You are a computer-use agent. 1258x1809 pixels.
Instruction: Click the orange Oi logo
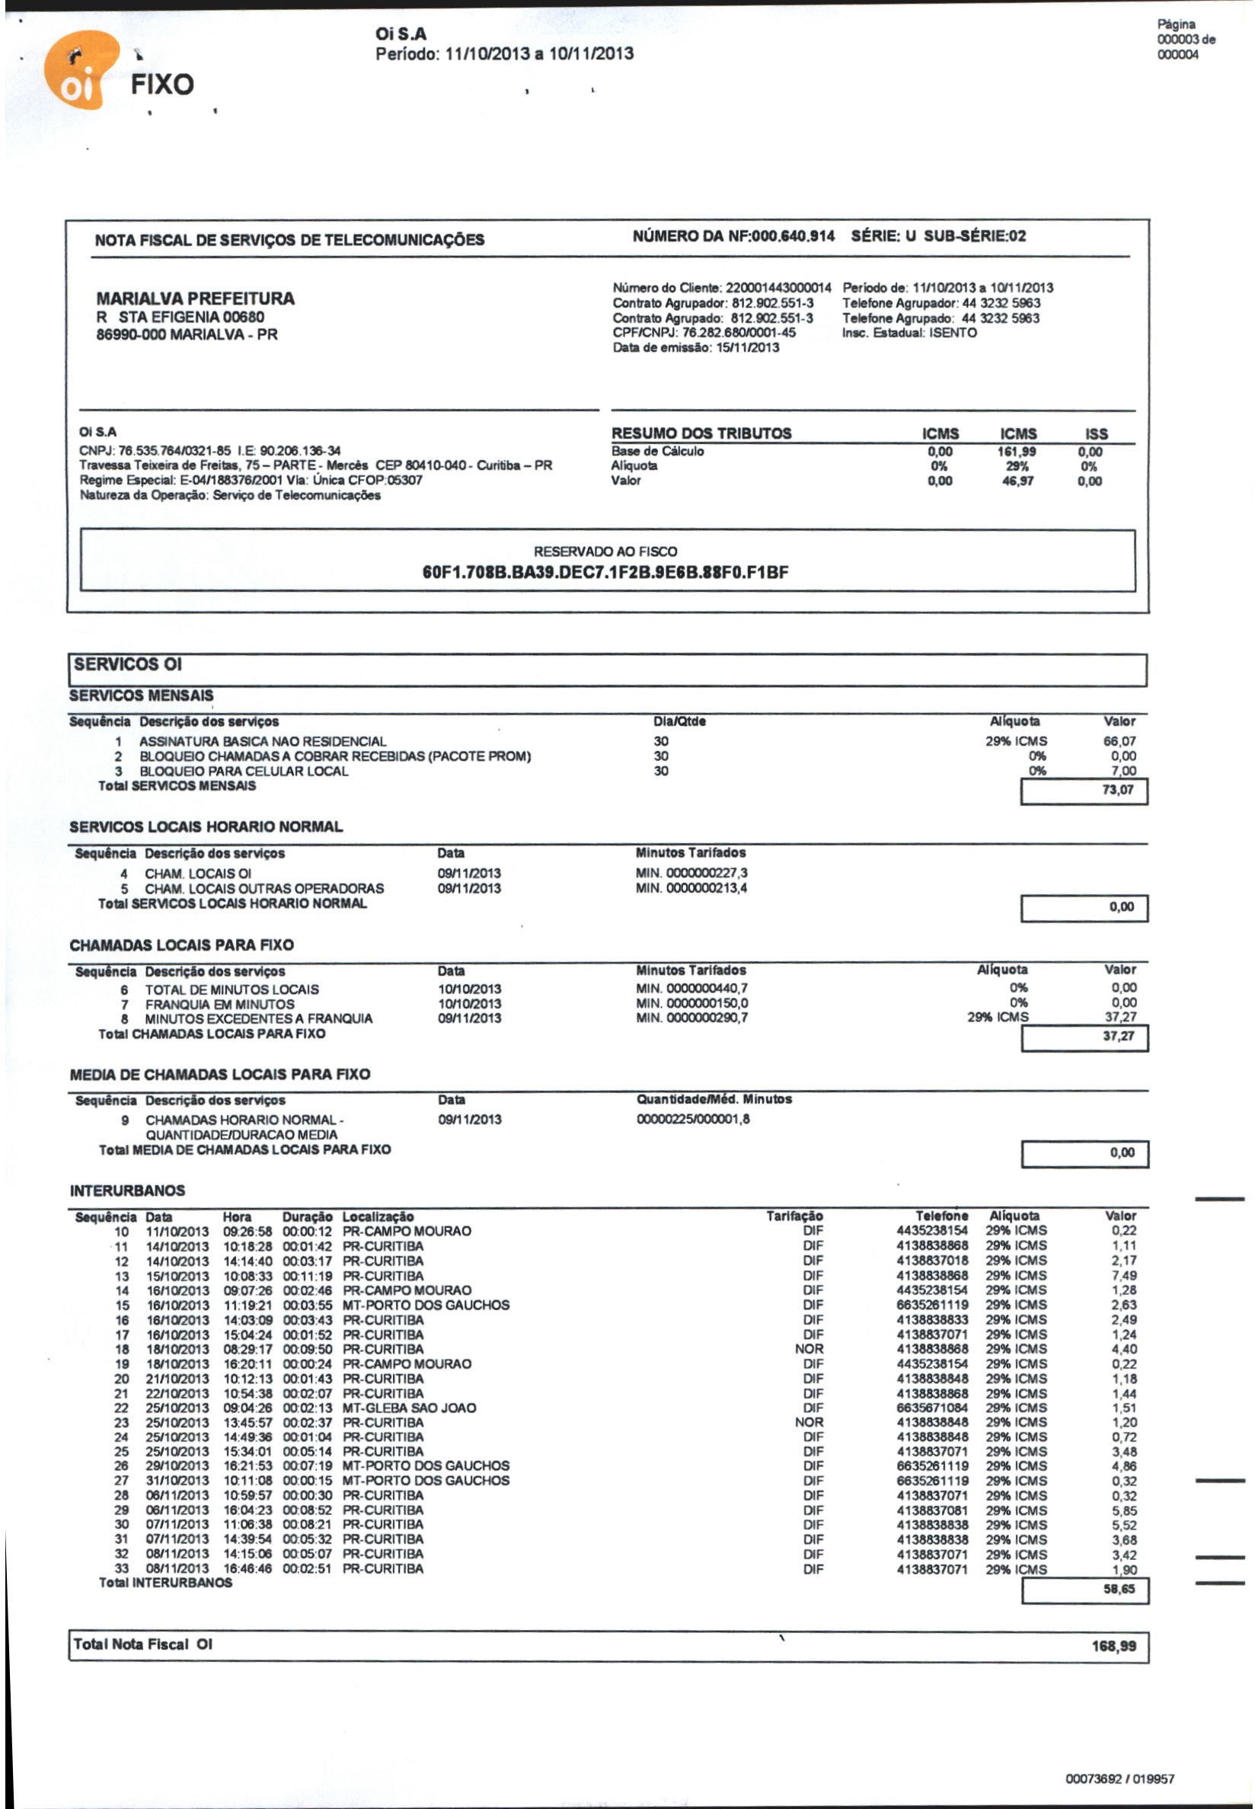pos(78,71)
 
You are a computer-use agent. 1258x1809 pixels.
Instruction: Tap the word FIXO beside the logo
pos(162,85)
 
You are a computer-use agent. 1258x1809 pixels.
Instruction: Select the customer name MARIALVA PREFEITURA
pos(196,299)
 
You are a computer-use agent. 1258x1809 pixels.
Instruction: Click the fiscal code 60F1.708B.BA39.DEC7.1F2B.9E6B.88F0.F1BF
pos(605,572)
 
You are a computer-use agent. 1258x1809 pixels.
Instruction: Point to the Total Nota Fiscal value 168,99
pos(1113,1646)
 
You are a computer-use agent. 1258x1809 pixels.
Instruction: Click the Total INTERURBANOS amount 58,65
pos(1119,1589)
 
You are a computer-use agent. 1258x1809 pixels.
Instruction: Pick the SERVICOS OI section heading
pos(128,664)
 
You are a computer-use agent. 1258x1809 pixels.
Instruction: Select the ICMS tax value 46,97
pos(1017,481)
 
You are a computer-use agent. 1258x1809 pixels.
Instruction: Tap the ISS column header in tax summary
pos(1096,434)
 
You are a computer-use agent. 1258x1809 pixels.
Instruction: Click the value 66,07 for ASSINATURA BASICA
pos(1119,741)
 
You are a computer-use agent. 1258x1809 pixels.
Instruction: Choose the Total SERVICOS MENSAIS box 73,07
pos(1118,791)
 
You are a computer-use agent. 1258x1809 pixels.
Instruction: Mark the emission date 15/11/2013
pos(747,347)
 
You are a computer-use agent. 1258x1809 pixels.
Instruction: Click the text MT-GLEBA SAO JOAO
pos(409,1408)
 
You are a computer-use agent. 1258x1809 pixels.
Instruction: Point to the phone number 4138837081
pos(932,1510)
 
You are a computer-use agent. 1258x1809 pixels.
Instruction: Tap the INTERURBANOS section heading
pos(127,1191)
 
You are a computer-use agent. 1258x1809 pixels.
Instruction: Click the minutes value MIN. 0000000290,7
pos(691,1018)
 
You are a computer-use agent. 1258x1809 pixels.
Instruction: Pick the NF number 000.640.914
pos(793,236)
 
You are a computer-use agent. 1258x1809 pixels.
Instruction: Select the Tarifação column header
pos(794,1216)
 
